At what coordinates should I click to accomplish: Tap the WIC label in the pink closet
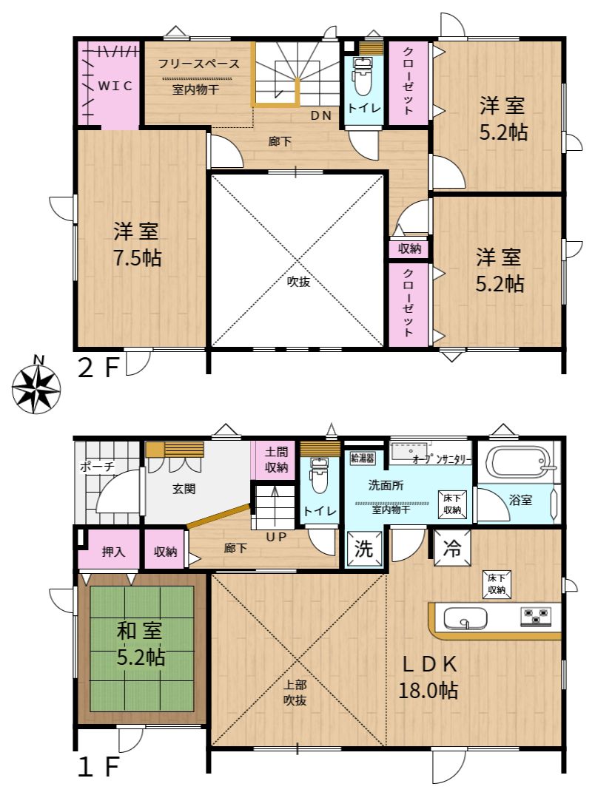(115, 86)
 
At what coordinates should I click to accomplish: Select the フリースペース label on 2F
(198, 64)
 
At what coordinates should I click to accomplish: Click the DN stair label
(321, 115)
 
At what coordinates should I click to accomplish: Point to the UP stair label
(276, 536)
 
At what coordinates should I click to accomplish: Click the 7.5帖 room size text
(137, 258)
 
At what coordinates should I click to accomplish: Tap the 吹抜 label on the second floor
(298, 282)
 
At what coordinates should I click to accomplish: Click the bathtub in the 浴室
(517, 461)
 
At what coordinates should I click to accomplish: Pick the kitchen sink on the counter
(465, 618)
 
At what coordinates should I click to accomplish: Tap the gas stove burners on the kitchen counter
(536, 616)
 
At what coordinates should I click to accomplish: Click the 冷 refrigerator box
(452, 547)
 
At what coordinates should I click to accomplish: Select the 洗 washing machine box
(363, 548)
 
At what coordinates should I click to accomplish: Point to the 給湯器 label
(362, 459)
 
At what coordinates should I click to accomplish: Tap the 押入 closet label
(113, 551)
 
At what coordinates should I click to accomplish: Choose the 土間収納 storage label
(277, 459)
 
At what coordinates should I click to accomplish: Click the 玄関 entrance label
(184, 489)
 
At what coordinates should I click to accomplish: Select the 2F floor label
(98, 367)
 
